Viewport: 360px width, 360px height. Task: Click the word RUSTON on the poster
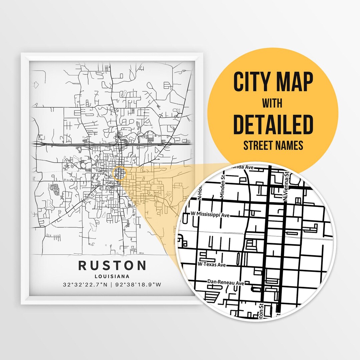click(112, 266)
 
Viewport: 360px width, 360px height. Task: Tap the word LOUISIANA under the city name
click(112, 276)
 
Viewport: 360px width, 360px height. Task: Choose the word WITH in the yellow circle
click(272, 103)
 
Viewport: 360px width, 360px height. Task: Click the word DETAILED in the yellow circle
click(273, 124)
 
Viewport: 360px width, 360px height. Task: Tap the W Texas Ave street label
click(212, 264)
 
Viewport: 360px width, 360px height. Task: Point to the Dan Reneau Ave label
click(226, 282)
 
